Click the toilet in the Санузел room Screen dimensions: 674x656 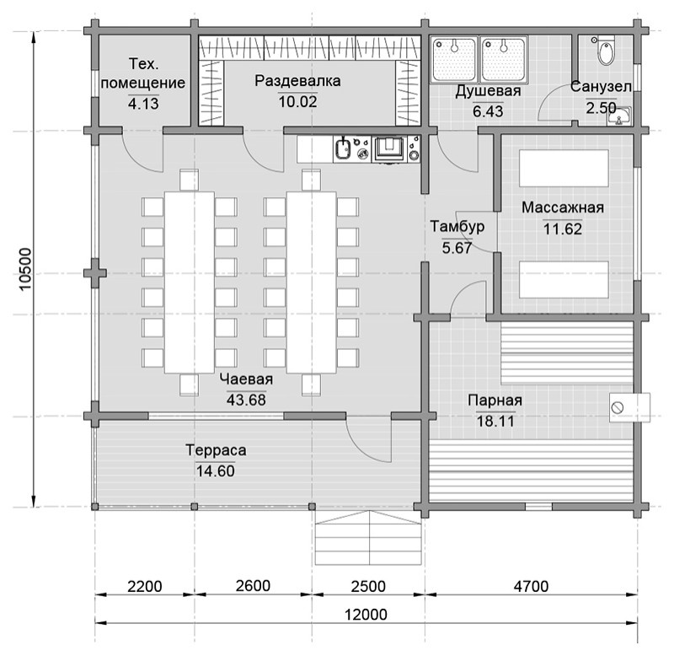[x=605, y=51]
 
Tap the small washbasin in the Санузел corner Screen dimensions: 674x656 [x=619, y=116]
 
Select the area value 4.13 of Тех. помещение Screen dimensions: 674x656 [x=143, y=104]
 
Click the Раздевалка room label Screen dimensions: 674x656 [x=297, y=81]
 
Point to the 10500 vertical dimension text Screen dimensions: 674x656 [x=26, y=269]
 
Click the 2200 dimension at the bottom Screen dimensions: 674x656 [x=145, y=586]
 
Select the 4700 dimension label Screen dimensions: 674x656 [x=531, y=586]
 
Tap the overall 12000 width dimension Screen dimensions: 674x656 [x=366, y=615]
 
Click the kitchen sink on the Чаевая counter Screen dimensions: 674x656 [x=343, y=149]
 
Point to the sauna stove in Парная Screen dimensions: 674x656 [x=629, y=407]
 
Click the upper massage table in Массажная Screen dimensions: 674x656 [x=564, y=168]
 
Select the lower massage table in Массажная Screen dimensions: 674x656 [x=564, y=280]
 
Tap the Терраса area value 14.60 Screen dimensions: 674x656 [x=216, y=471]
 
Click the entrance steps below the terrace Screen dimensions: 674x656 [x=369, y=538]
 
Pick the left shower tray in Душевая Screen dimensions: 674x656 [x=454, y=59]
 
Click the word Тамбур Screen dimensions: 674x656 [x=457, y=226]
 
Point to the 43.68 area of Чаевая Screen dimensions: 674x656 [x=246, y=400]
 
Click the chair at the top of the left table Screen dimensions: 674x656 [x=189, y=180]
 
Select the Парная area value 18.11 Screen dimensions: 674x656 [x=495, y=421]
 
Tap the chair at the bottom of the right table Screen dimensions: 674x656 [x=311, y=385]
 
